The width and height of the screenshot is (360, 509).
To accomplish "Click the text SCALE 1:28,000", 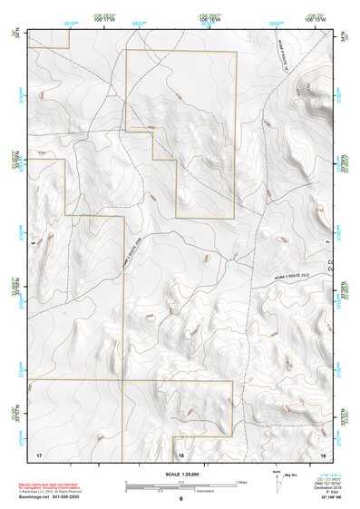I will pyautogui.click(x=180, y=473).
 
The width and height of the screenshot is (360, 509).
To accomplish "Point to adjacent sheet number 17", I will pyautogui.click(x=38, y=453).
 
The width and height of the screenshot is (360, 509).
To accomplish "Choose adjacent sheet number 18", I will pyautogui.click(x=180, y=453).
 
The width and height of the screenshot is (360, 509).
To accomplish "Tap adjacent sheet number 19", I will pyautogui.click(x=322, y=453).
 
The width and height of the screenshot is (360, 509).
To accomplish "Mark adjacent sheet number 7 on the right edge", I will pyautogui.click(x=328, y=243).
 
